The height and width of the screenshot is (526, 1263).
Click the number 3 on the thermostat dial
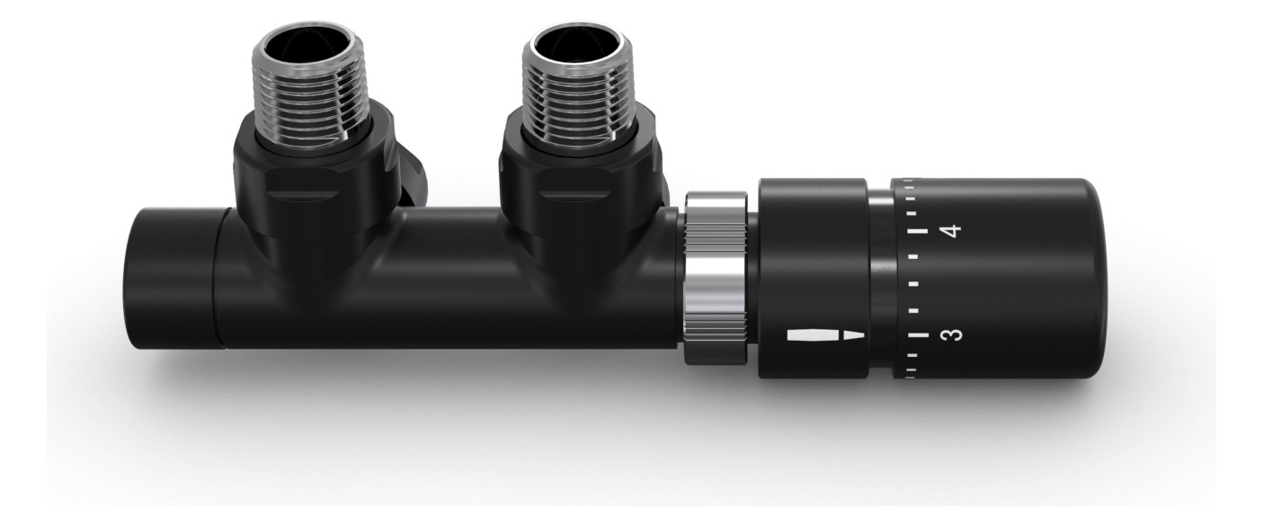[x=953, y=334]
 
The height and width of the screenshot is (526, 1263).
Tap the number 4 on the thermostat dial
[x=953, y=230]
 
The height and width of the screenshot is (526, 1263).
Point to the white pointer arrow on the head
[x=825, y=334]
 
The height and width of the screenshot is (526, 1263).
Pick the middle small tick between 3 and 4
[x=914, y=283]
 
